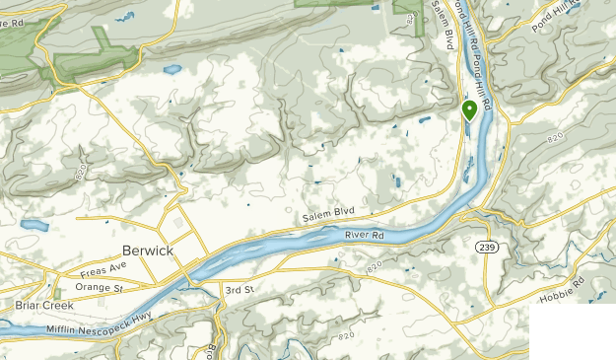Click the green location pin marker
tap(469, 109)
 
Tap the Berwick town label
tap(148, 251)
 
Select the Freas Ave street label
tap(104, 268)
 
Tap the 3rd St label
tap(240, 290)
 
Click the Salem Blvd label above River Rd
tap(329, 214)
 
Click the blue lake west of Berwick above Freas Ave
tap(33, 226)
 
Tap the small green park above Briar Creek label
tap(56, 292)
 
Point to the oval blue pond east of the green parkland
tap(173, 70)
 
